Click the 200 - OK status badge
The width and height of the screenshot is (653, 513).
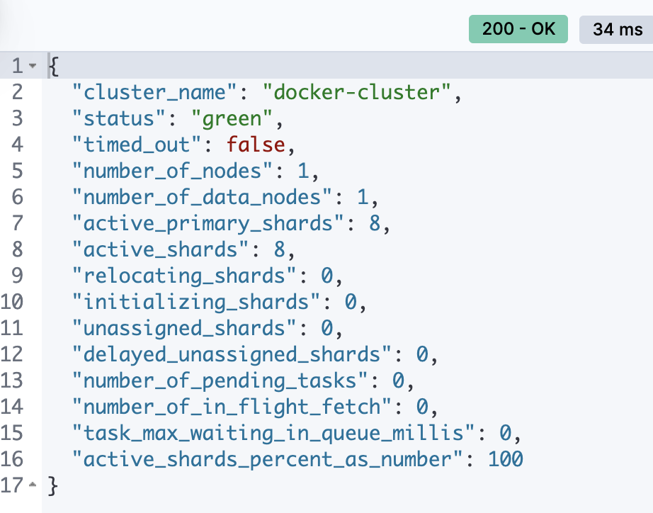click(518, 30)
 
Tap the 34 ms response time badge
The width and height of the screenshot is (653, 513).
click(613, 30)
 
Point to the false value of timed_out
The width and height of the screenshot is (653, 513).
click(256, 145)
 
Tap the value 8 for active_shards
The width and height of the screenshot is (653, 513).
click(277, 249)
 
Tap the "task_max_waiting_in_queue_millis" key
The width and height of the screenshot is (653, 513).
click(273, 433)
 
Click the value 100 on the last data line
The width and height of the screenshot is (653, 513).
click(505, 459)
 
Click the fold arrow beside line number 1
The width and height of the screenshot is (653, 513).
click(31, 67)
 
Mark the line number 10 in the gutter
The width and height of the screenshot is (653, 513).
click(13, 302)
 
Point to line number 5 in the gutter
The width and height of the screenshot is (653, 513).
click(18, 171)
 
